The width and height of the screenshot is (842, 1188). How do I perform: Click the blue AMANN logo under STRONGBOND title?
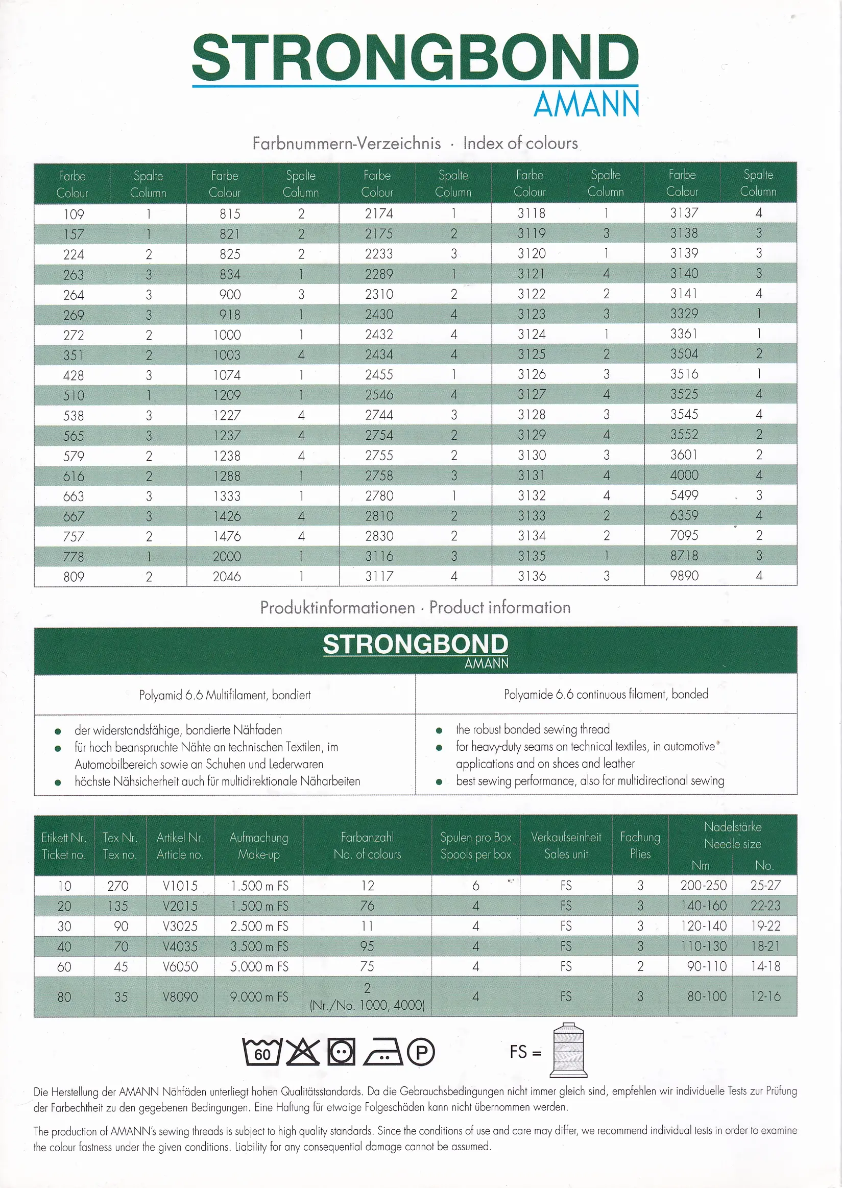point(586,104)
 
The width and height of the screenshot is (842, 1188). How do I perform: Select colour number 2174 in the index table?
point(379,213)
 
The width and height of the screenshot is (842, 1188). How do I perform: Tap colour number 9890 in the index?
point(684,576)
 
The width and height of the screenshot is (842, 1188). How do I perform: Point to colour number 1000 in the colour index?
point(227,335)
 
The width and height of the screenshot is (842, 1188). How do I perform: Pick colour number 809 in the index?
point(74,577)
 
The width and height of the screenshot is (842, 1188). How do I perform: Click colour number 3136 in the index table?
point(532,576)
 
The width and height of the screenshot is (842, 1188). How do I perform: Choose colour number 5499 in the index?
point(684,495)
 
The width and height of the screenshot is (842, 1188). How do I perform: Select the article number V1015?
point(180,886)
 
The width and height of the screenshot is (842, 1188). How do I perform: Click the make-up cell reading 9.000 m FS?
point(259,996)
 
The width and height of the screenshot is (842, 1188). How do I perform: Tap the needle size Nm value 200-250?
point(703,885)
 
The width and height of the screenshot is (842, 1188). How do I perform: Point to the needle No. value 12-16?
point(765,996)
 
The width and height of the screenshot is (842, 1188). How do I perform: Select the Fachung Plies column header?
point(640,845)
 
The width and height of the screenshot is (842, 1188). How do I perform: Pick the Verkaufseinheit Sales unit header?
point(566,845)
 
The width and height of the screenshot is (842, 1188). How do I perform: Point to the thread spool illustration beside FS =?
point(568,1050)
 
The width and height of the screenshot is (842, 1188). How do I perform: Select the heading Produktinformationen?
point(338,607)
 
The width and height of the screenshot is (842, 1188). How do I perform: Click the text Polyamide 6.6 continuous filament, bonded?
point(606,694)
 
